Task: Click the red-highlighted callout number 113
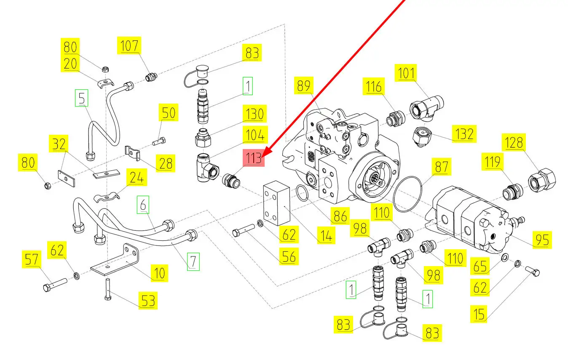pos(254,159)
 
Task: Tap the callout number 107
pos(129,45)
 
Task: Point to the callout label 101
pos(406,73)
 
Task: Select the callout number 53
pos(147,301)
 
